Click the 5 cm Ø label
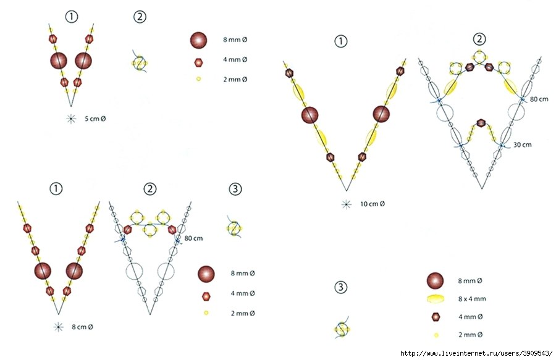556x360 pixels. click(95, 119)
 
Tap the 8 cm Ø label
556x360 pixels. click(82, 327)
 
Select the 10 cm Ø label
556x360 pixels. click(373, 204)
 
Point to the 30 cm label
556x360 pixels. click(522, 144)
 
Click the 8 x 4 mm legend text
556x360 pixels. click(472, 299)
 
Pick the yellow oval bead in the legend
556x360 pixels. click(436, 299)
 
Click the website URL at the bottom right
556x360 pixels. click(476, 353)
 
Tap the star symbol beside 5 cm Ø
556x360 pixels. click(71, 119)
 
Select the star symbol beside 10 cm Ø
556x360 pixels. click(347, 204)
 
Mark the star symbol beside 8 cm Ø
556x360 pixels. click(59, 327)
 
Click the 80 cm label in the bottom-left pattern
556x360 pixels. click(193, 238)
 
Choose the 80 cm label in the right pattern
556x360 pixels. click(539, 99)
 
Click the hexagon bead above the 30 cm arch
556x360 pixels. click(481, 123)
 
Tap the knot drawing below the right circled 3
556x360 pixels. click(342, 328)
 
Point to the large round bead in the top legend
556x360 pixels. click(198, 40)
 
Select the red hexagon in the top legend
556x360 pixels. click(198, 63)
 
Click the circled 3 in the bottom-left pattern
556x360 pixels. click(235, 189)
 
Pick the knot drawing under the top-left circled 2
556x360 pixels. click(140, 62)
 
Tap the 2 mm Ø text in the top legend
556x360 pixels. click(235, 80)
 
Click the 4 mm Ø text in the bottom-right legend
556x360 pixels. click(470, 316)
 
